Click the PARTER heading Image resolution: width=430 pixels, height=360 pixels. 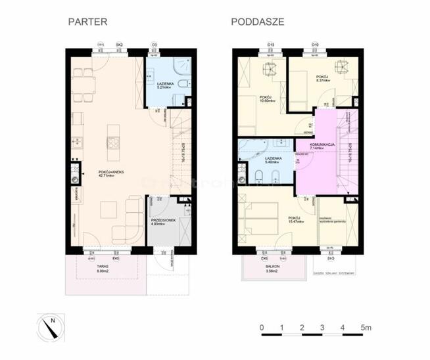[87, 22]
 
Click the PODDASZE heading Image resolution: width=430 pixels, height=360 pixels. [258, 22]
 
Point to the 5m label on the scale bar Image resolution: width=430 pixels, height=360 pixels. [366, 326]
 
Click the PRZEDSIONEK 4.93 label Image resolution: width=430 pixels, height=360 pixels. [162, 222]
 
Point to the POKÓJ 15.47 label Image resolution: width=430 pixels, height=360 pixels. [295, 219]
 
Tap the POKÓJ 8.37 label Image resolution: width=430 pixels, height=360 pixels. [322, 79]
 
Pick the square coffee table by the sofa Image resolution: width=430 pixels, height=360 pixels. [109, 210]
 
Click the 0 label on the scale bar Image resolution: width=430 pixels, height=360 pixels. [262, 326]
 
